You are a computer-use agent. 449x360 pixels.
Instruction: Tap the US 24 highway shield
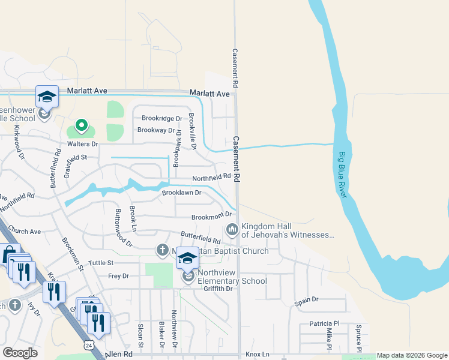tap(89, 346)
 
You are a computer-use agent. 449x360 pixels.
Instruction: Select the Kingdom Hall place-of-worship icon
tap(232, 230)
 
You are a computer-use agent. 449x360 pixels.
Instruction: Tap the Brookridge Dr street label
tap(161, 119)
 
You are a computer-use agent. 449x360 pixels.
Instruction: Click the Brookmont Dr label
tap(211, 216)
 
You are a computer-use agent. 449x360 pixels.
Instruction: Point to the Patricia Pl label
tap(325, 323)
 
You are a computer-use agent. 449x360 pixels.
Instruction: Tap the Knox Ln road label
tap(257, 355)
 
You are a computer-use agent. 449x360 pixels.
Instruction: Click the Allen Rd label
tap(119, 355)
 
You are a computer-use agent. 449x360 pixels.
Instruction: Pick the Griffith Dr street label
tap(217, 289)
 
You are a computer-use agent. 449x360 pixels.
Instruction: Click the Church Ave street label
tap(25, 231)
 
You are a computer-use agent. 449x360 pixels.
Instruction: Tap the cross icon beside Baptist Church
tap(161, 249)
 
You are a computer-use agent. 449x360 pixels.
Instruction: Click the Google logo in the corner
tap(20, 353)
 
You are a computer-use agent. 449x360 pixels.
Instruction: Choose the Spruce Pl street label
tap(358, 338)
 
